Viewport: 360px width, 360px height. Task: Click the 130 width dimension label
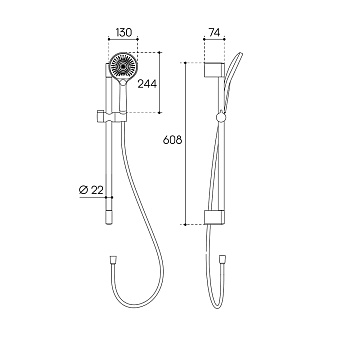click(124, 32)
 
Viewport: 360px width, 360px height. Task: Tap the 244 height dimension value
click(147, 84)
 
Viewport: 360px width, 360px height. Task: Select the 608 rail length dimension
click(172, 140)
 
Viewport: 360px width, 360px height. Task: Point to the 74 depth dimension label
click(214, 32)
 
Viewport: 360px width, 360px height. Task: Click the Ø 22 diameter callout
click(91, 190)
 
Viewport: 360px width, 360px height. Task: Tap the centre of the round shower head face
click(123, 66)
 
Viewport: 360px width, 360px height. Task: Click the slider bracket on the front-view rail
click(112, 117)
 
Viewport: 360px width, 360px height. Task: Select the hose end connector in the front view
click(113, 259)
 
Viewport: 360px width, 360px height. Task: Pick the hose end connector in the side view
click(222, 259)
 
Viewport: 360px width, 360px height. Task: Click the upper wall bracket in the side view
click(214, 69)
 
